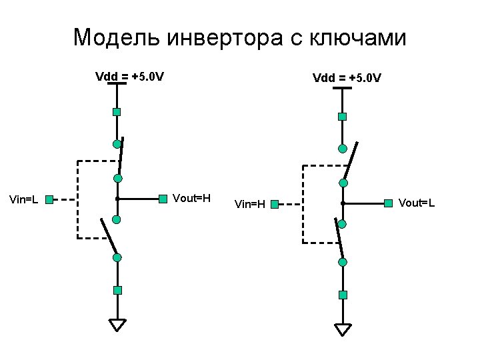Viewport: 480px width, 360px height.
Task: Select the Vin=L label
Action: click(x=23, y=199)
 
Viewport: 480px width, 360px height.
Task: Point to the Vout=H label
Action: click(x=191, y=198)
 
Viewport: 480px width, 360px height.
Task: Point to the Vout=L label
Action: click(x=417, y=202)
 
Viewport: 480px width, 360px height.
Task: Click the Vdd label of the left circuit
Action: click(x=130, y=75)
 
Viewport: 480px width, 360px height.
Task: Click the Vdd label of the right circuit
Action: click(x=347, y=78)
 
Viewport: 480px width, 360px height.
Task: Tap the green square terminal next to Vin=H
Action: click(x=275, y=203)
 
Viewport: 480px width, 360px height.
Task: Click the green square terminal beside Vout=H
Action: click(x=163, y=198)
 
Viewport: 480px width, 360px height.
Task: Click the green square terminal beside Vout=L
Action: click(x=388, y=202)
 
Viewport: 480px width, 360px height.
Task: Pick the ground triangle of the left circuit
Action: click(x=117, y=325)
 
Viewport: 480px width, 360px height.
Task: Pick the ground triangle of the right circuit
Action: click(x=343, y=329)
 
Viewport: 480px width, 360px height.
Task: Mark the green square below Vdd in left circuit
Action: click(x=117, y=112)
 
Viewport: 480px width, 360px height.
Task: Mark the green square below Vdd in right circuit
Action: click(x=342, y=117)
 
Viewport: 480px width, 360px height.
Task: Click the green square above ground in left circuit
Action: click(x=117, y=290)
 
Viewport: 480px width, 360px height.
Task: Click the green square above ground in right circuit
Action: click(x=343, y=295)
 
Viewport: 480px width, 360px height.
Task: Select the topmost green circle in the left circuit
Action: click(x=117, y=143)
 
